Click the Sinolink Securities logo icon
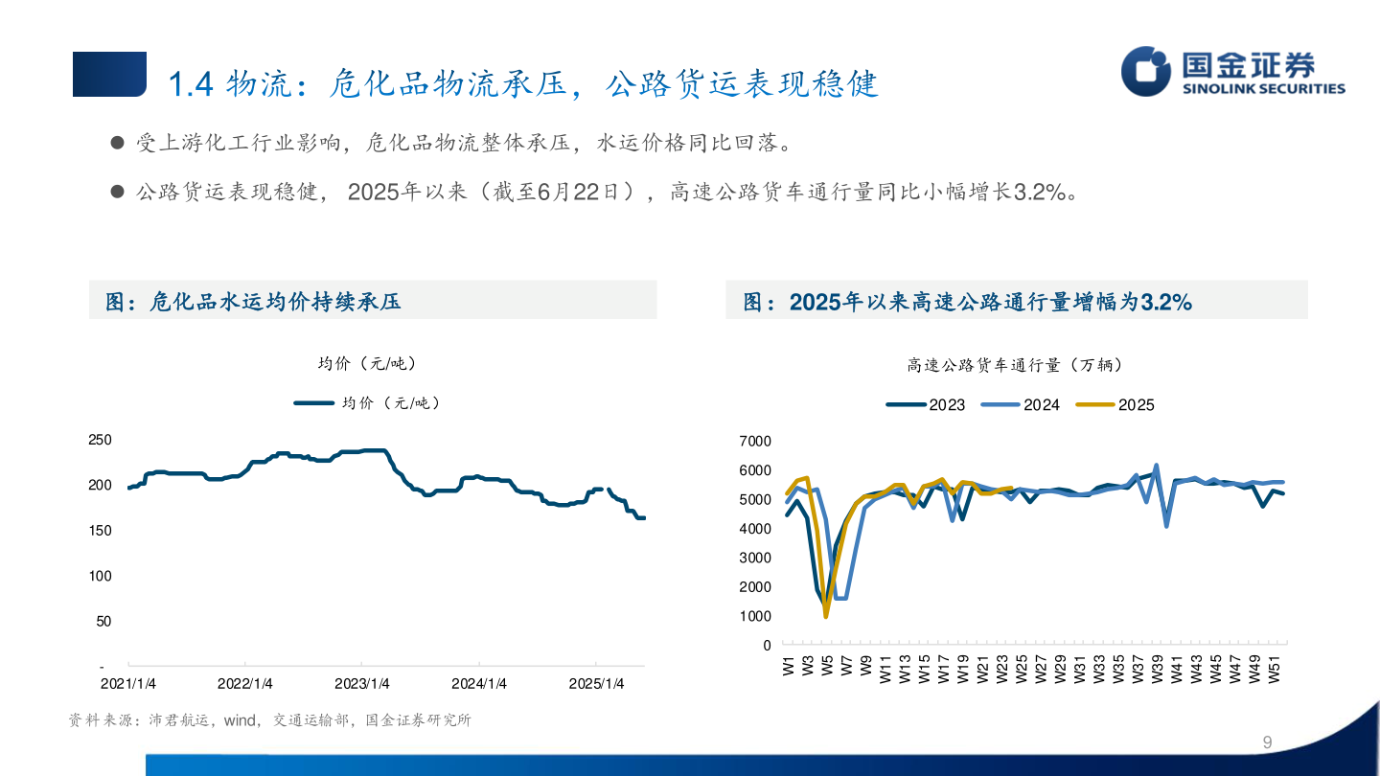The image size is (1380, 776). (x=1147, y=71)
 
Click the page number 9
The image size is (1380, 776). (x=1268, y=742)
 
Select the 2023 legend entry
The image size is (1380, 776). (x=927, y=405)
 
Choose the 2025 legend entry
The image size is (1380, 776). (x=1115, y=405)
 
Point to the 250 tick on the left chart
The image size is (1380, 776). (x=100, y=440)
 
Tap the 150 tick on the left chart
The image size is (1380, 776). (x=100, y=531)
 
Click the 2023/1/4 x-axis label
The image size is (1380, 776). (x=361, y=684)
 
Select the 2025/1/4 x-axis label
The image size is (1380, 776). (x=596, y=684)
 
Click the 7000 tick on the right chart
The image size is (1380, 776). (x=755, y=441)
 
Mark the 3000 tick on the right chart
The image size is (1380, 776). (x=755, y=558)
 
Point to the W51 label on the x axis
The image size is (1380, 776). (x=1276, y=669)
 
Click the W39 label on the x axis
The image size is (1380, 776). (x=1159, y=669)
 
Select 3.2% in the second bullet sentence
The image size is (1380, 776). (x=1041, y=193)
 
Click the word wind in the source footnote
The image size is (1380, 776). (x=241, y=720)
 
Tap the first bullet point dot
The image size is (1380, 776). (x=118, y=144)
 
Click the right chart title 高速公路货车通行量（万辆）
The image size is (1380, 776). (x=1015, y=365)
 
